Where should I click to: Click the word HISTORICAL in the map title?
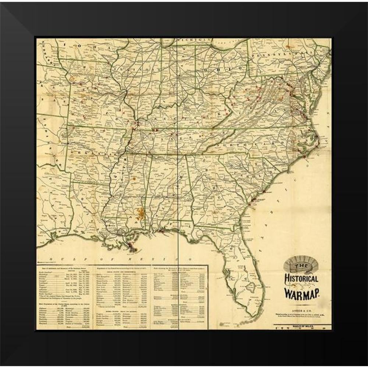click(x=301, y=278)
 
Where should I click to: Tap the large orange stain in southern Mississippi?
click(x=140, y=212)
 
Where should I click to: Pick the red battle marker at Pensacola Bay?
click(x=162, y=231)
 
